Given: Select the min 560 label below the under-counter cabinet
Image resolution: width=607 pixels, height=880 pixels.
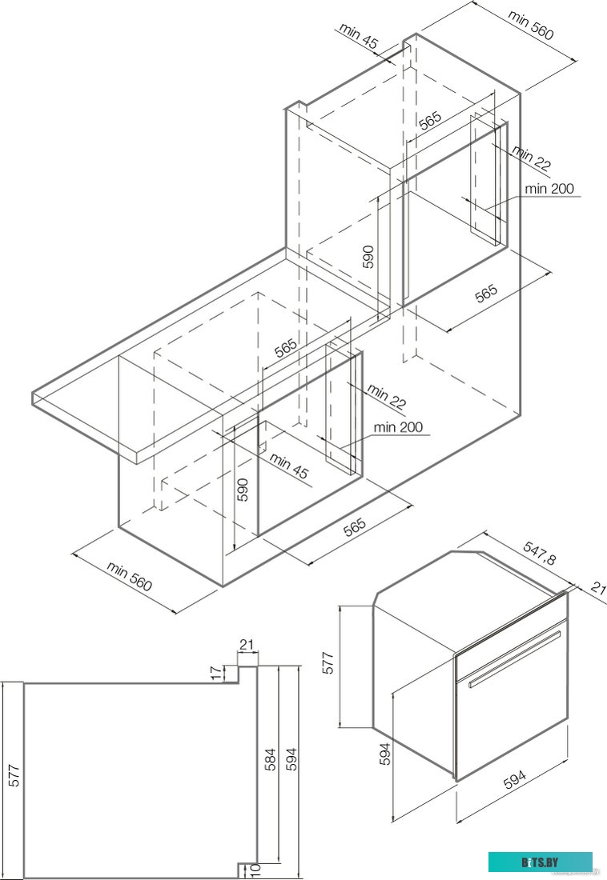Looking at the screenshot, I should point(129,576).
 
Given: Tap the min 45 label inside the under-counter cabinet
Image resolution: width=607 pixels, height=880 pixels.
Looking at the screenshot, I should point(288,466).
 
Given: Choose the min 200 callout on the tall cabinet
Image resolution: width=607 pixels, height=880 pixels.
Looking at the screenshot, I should point(549,190).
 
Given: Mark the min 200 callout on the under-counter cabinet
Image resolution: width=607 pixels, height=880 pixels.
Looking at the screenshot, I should point(398,428).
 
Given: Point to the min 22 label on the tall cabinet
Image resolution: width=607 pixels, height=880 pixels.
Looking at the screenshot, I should point(532,158).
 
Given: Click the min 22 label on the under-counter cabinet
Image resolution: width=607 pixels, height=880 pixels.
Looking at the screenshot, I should point(388,395).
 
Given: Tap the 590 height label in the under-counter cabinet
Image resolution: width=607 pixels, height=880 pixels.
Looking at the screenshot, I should point(243,489).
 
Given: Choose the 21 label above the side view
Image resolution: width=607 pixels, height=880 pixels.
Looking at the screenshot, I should point(247,645).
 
